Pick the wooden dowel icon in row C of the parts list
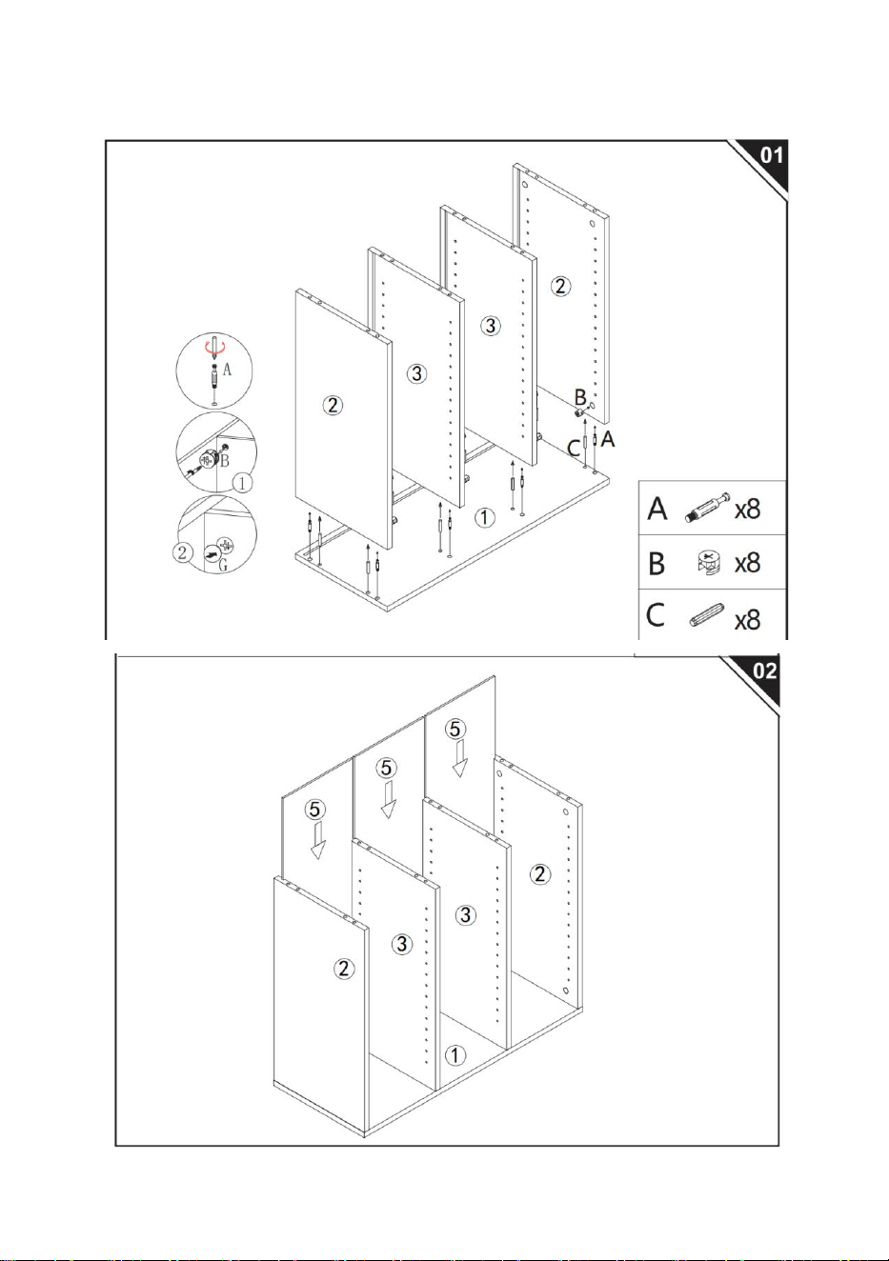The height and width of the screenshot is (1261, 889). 706,614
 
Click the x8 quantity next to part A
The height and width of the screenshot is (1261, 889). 748,510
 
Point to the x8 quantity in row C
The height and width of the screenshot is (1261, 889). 748,620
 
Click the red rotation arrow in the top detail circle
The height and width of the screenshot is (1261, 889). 214,349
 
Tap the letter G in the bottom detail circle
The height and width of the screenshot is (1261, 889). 223,565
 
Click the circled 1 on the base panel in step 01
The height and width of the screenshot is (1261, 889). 484,517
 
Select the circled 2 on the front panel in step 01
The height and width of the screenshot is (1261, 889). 333,405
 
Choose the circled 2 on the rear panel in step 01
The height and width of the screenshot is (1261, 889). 560,286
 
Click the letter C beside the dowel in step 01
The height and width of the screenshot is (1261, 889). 574,449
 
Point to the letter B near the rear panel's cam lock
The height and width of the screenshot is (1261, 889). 580,397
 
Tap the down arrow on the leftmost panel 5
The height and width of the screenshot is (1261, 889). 318,840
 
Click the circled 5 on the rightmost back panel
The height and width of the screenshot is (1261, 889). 455,729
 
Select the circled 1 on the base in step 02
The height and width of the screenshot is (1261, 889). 455,1055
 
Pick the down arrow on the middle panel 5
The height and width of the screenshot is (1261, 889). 387,800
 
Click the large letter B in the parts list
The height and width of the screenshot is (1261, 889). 657,563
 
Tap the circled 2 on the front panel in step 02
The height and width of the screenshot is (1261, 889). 344,969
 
